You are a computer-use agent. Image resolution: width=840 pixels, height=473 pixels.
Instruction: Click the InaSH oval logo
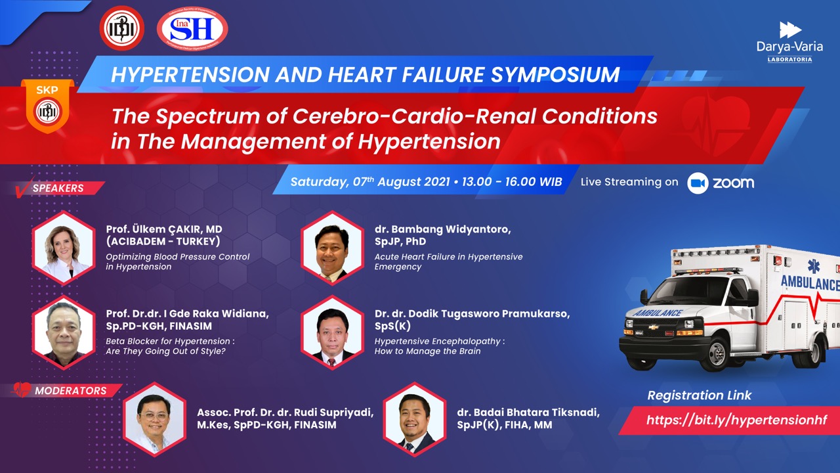point(192,29)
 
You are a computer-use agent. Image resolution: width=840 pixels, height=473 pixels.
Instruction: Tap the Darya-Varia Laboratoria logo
point(789,42)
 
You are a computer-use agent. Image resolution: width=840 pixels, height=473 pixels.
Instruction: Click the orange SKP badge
point(48,106)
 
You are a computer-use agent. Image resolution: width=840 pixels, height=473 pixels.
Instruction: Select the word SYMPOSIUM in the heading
point(555,74)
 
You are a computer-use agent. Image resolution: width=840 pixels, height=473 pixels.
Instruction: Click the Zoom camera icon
point(698,183)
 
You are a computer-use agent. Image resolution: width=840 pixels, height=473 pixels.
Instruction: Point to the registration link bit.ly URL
point(736,420)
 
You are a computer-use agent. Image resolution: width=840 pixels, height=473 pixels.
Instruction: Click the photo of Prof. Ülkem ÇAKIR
point(64,248)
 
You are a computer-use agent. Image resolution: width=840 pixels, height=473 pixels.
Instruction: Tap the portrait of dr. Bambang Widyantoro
point(332,248)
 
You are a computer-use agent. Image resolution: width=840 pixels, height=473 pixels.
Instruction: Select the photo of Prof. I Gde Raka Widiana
point(64,332)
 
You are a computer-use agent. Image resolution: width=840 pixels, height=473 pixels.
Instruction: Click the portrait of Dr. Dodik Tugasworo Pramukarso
point(332,332)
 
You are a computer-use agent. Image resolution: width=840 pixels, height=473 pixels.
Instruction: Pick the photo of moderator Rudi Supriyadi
point(154,419)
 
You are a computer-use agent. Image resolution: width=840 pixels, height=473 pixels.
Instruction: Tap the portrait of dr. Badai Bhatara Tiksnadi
point(414,419)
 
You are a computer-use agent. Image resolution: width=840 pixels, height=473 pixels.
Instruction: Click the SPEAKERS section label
point(58,188)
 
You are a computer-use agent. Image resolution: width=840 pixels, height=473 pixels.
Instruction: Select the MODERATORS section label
point(70,391)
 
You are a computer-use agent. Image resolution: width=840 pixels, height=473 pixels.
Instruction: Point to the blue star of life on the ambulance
point(813,266)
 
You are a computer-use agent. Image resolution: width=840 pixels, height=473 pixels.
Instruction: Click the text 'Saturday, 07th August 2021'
point(370,182)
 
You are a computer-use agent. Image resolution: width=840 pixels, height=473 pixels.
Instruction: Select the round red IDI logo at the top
point(122,28)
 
